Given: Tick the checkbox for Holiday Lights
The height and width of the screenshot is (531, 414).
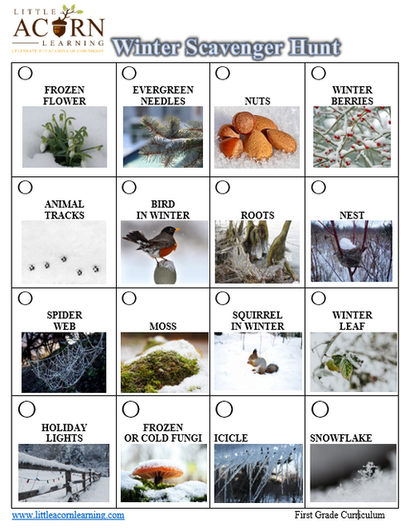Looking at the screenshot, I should click(26, 409).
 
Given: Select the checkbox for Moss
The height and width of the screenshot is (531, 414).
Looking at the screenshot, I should click(129, 298).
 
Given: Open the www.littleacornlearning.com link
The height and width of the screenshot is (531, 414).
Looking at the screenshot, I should click(69, 515).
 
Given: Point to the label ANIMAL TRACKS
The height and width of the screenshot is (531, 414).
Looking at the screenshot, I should click(64, 209).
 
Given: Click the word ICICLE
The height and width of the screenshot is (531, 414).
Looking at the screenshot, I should click(231, 438).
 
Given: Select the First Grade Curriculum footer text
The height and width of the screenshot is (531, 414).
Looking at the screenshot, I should click(339, 514).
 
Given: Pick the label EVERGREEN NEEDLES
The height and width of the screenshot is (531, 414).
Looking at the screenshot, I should click(163, 95).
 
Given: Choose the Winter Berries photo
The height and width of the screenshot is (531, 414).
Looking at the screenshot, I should click(352, 136).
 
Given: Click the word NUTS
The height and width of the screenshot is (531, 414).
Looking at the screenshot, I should click(257, 101).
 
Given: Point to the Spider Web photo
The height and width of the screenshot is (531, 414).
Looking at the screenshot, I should click(64, 361).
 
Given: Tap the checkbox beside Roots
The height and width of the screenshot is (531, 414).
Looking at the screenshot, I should click(223, 188).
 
